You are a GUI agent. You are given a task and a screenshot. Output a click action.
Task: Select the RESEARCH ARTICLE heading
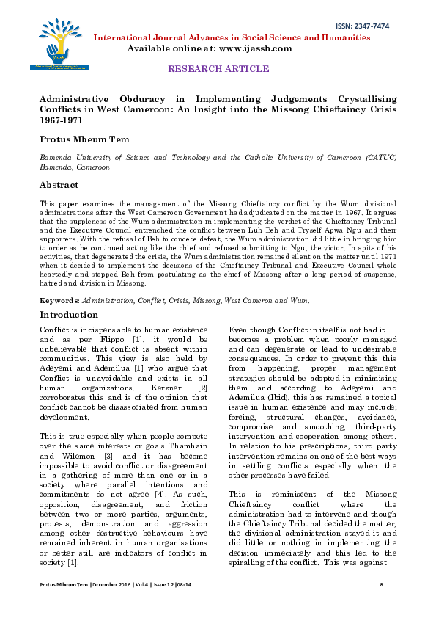click(218, 69)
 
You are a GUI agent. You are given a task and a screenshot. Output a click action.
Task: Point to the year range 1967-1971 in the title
click(59, 120)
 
